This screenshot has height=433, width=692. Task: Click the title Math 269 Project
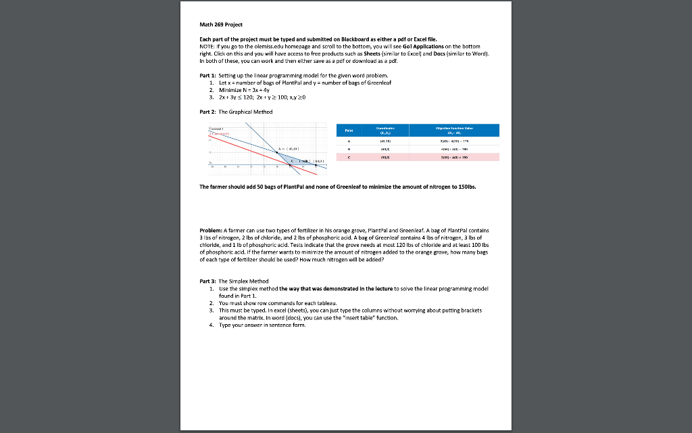coord(220,24)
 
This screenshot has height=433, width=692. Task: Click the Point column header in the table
coord(348,131)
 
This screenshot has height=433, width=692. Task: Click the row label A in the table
coord(348,141)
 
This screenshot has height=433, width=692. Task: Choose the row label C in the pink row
coord(348,156)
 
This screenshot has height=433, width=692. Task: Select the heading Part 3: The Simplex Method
coord(234,281)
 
